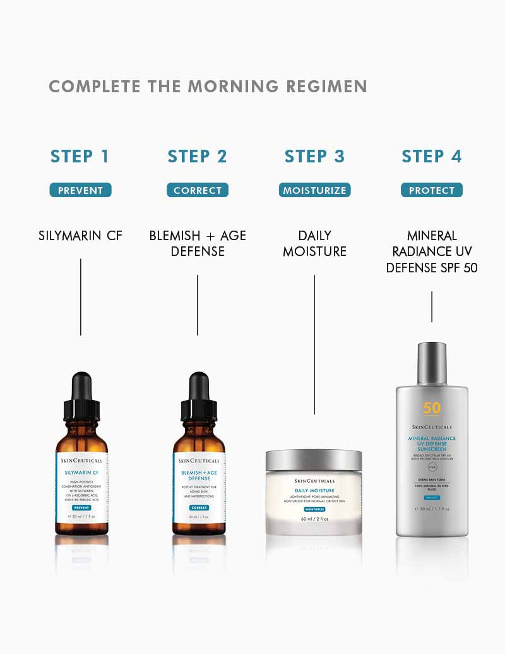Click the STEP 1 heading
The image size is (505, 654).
tap(80, 157)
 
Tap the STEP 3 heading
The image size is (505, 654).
tap(314, 157)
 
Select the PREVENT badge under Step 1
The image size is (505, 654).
tap(80, 190)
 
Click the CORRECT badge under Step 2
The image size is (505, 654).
tap(198, 190)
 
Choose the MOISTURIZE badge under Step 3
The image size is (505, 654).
tap(314, 190)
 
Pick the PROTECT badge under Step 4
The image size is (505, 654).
tap(432, 190)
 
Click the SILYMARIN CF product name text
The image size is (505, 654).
tap(80, 236)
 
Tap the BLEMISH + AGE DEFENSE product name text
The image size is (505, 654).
tap(198, 243)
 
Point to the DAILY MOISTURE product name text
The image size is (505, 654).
tap(314, 243)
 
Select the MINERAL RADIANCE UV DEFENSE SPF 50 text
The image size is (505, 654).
tap(432, 251)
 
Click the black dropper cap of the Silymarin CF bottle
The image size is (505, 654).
tap(81, 395)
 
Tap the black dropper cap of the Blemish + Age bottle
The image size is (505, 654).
tap(199, 395)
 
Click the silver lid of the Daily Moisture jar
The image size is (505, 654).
tap(314, 460)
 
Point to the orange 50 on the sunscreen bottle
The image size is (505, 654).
tap(432, 408)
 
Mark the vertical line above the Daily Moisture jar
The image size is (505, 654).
tap(314, 344)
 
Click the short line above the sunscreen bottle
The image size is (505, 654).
tap(432, 306)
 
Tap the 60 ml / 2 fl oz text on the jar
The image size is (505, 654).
tap(314, 519)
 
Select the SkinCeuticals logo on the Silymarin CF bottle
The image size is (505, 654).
tap(81, 461)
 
